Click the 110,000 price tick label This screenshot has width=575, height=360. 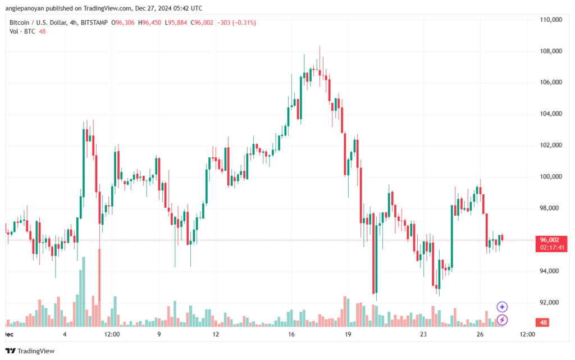pyautogui.click(x=550, y=20)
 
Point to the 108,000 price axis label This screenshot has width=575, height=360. pyautogui.click(x=550, y=51)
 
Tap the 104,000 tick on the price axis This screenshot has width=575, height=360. pyautogui.click(x=550, y=114)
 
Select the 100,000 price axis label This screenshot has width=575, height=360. pyautogui.click(x=550, y=177)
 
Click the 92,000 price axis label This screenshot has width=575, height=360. pyautogui.click(x=550, y=303)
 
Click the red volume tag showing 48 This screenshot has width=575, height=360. pyautogui.click(x=543, y=323)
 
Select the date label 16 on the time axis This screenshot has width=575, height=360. pyautogui.click(x=292, y=334)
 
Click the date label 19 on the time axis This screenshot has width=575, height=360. pyautogui.click(x=348, y=334)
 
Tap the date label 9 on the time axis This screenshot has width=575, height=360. pyautogui.click(x=159, y=334)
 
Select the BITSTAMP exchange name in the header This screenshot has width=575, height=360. pyautogui.click(x=94, y=22)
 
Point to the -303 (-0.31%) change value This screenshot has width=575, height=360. pyautogui.click(x=237, y=22)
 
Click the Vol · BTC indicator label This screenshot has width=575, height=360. pyautogui.click(x=23, y=31)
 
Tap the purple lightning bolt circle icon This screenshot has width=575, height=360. pyautogui.click(x=503, y=320)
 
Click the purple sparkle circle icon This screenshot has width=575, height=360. pyautogui.click(x=503, y=307)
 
